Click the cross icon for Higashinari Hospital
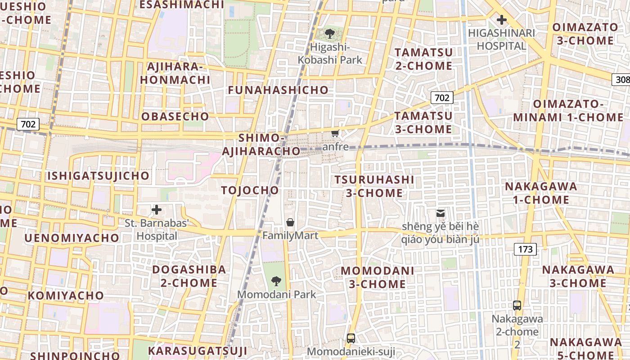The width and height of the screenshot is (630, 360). (x=501, y=20)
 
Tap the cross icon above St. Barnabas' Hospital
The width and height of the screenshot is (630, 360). (x=157, y=210)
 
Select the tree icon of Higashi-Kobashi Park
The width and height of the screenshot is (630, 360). (x=330, y=33)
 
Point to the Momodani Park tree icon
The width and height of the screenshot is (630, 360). (x=276, y=282)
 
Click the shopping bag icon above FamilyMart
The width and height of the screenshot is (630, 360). (x=290, y=222)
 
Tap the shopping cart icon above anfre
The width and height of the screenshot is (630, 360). (x=335, y=133)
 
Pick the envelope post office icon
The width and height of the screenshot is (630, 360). (x=440, y=213)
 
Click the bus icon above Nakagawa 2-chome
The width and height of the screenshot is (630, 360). (x=517, y=306)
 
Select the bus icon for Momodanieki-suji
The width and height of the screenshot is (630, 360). (x=351, y=338)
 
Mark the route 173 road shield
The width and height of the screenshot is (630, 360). (x=525, y=249)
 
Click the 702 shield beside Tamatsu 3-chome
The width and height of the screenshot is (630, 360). (x=441, y=98)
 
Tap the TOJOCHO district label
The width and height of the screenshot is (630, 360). (x=250, y=190)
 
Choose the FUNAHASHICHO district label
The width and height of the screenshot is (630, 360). (x=278, y=90)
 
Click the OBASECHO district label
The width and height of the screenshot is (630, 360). (x=175, y=117)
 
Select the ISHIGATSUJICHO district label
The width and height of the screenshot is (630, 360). (x=98, y=175)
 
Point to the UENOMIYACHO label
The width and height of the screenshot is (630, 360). (x=72, y=238)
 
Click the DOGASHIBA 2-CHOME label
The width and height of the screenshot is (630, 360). (x=189, y=276)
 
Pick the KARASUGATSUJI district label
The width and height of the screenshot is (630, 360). (x=198, y=351)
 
